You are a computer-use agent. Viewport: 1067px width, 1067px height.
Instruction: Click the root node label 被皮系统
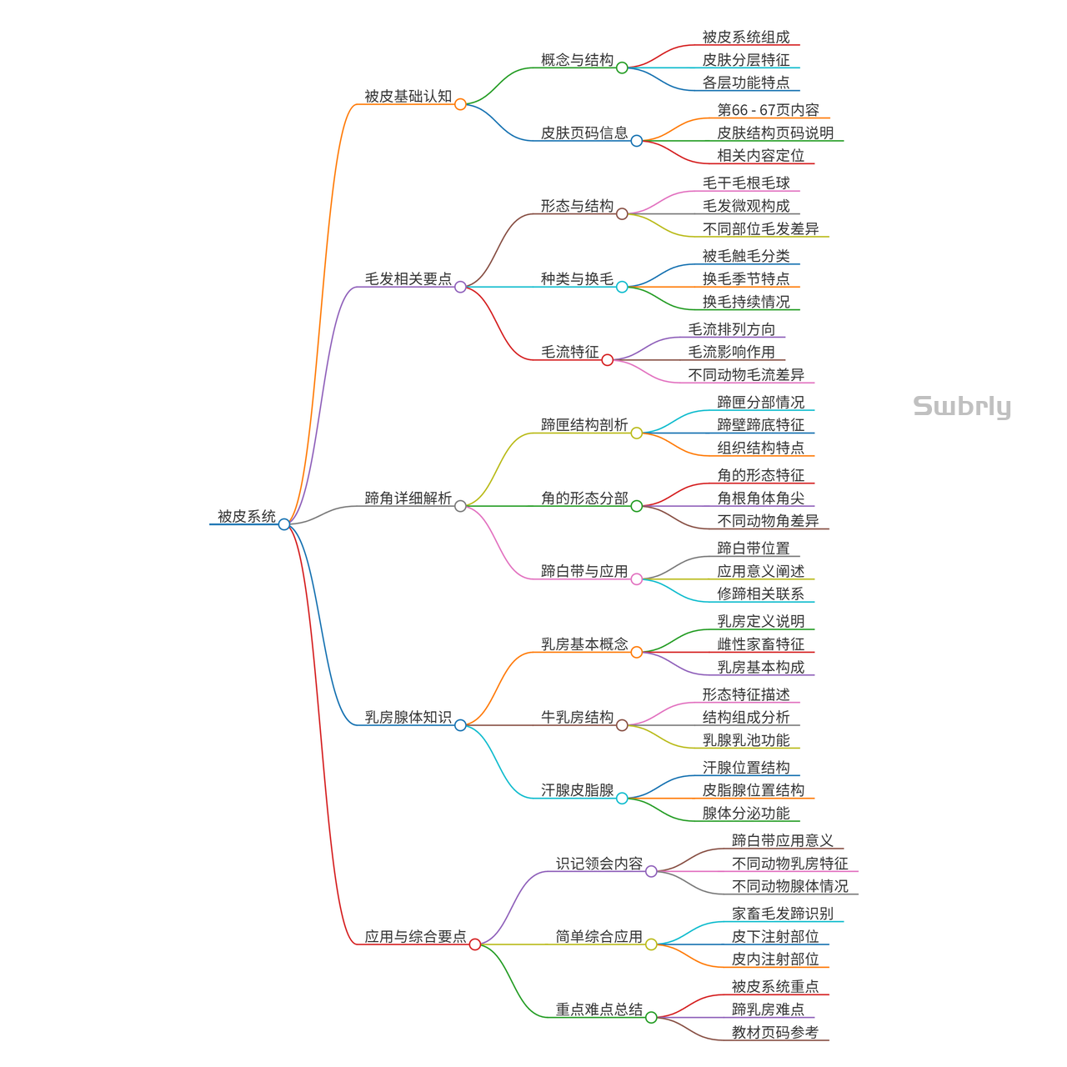click(246, 517)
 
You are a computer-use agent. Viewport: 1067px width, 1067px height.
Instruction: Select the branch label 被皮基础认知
click(408, 97)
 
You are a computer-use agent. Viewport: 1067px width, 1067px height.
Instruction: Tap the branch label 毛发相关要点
click(408, 279)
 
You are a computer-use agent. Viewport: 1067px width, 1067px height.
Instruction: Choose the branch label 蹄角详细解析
click(408, 498)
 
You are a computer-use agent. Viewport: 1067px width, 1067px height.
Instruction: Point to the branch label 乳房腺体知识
click(408, 718)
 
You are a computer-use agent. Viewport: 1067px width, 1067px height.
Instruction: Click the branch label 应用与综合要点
click(415, 937)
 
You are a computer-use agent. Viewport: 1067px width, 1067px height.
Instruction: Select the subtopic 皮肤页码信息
click(584, 133)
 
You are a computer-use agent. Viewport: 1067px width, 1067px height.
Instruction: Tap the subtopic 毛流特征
click(569, 353)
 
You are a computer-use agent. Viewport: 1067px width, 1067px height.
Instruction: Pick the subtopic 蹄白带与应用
click(584, 572)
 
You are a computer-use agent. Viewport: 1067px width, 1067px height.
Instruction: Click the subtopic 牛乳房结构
click(577, 718)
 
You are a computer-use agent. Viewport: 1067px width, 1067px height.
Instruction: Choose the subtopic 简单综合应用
click(599, 937)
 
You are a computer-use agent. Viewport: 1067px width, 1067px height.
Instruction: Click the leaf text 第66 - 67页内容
click(768, 110)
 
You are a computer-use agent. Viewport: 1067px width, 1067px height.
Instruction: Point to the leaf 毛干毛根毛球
click(745, 183)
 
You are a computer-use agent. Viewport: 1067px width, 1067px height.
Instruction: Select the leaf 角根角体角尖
click(760, 498)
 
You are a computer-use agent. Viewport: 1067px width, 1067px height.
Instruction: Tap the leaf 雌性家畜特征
click(760, 644)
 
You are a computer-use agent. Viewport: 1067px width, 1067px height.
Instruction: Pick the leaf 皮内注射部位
click(774, 959)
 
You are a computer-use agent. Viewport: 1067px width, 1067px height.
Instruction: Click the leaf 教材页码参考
click(774, 1033)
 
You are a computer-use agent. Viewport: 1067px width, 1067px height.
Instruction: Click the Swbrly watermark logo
click(962, 407)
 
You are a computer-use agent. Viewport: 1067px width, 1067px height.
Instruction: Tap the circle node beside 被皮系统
click(284, 524)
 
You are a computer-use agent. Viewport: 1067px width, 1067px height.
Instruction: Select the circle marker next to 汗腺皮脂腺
click(622, 799)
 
